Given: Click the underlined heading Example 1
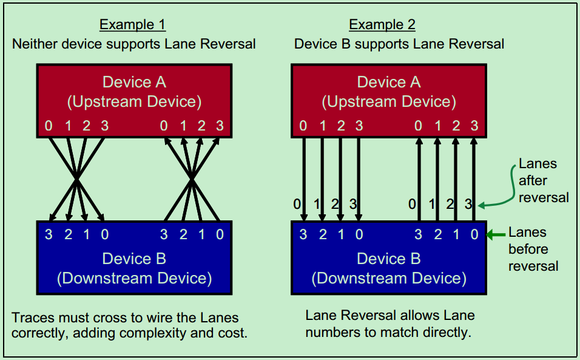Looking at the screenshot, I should click(x=132, y=25).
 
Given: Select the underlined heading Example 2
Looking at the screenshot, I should click(x=382, y=25).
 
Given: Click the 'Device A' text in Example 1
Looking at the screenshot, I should click(x=134, y=83).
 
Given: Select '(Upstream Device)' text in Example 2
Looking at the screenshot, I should click(x=389, y=101).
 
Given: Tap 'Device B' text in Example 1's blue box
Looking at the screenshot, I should click(x=134, y=259).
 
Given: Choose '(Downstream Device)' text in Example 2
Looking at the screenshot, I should click(x=389, y=278).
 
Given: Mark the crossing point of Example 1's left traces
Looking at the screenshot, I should click(x=76, y=178).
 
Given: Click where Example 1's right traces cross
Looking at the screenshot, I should click(x=192, y=178).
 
